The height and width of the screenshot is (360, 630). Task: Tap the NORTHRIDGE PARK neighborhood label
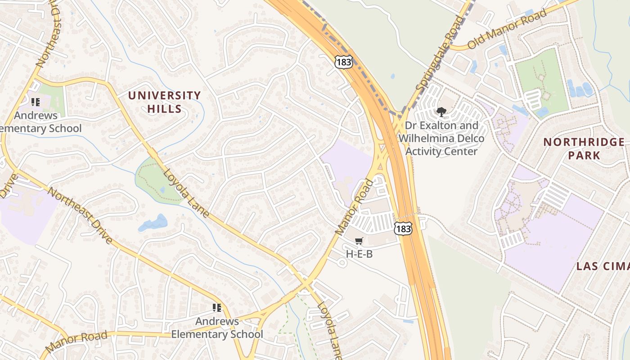click(584, 148)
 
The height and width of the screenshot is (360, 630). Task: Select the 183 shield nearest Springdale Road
click(343, 62)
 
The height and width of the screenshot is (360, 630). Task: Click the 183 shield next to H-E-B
click(402, 229)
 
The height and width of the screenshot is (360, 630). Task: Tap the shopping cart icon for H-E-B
click(359, 242)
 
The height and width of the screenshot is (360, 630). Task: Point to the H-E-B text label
click(359, 254)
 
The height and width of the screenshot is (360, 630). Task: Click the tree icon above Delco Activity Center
click(441, 112)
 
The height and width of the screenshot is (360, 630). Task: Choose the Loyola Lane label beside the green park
click(186, 193)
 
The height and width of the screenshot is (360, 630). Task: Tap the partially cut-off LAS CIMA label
click(603, 266)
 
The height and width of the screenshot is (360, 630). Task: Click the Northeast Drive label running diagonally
click(80, 216)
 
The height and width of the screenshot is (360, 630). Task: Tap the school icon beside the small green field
click(35, 102)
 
